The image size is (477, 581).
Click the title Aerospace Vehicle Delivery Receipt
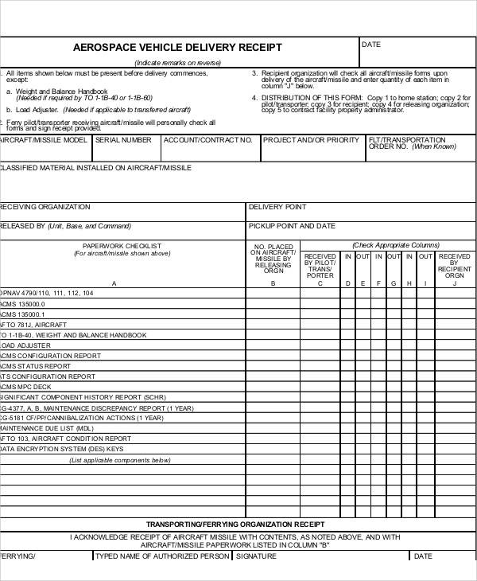tap(177, 48)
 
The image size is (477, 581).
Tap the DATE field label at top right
tap(371, 45)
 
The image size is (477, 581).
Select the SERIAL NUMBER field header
tap(123, 140)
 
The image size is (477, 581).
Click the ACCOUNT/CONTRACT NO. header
tap(207, 140)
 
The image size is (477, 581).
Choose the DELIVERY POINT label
tap(277, 207)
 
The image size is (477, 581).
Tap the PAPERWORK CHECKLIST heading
tap(122, 246)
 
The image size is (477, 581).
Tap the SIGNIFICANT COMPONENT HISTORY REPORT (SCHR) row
tap(83, 397)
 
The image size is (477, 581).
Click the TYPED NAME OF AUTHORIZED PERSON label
tap(161, 556)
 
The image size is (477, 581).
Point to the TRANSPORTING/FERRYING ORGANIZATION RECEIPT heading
tap(235, 524)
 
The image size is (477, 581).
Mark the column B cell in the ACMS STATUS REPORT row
tap(272, 366)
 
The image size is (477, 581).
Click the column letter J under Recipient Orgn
tap(454, 283)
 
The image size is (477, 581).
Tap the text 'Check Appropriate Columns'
tap(396, 245)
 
